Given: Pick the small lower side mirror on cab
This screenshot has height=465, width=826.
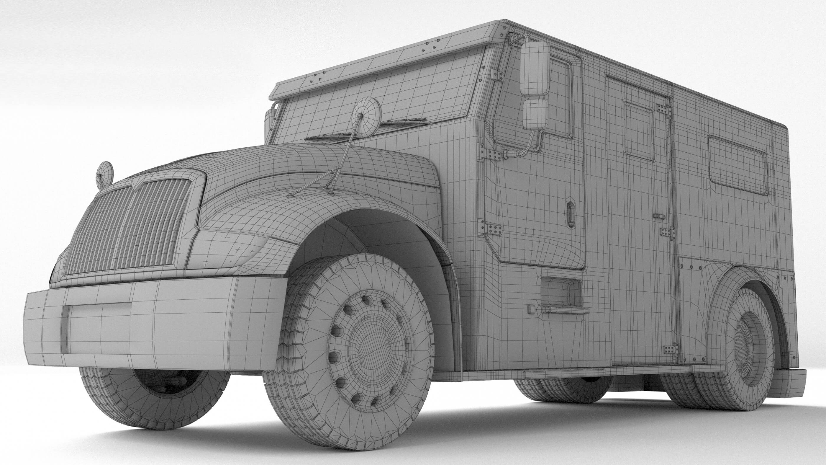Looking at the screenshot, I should pyautogui.click(x=535, y=114).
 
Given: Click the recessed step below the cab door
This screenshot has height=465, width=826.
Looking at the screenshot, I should pyautogui.click(x=561, y=292).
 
